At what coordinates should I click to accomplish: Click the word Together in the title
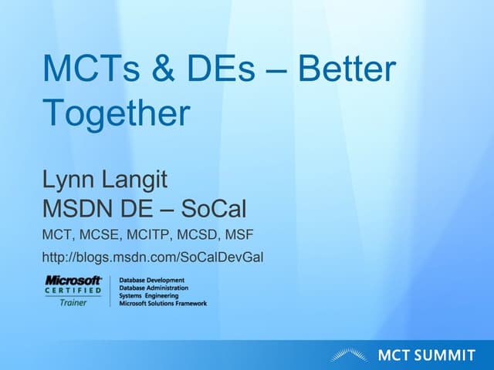(116, 113)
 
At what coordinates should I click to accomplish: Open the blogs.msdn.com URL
(153, 256)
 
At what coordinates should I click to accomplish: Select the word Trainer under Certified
(73, 302)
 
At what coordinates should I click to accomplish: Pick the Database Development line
(152, 280)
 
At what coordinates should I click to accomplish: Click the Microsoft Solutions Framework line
(163, 303)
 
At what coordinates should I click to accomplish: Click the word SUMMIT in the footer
(446, 355)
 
